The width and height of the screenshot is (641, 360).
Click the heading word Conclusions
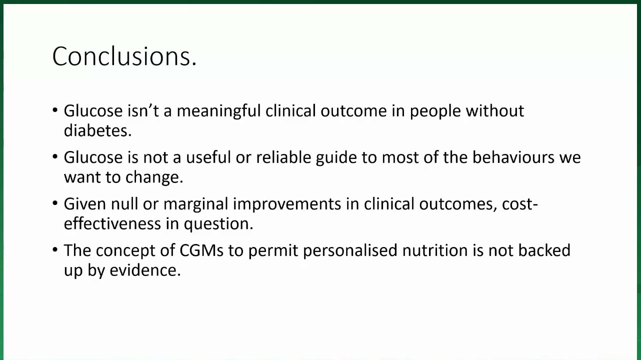[x=124, y=56]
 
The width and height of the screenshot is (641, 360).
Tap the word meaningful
[x=218, y=111]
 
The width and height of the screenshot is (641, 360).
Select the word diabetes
[x=97, y=131]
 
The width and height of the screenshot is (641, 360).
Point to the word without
[x=495, y=110]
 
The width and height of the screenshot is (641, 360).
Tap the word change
[x=154, y=177]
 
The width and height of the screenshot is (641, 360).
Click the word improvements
[x=287, y=204]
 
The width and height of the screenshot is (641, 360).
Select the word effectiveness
[x=112, y=223]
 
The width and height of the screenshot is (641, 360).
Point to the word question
[x=218, y=224]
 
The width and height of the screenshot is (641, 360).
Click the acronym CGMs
[x=201, y=250]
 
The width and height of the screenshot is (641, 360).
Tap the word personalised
[x=350, y=251]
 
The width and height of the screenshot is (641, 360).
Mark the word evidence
[x=145, y=270]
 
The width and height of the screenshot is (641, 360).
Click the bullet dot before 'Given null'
[x=55, y=203]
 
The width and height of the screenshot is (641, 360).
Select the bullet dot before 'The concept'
[x=55, y=250]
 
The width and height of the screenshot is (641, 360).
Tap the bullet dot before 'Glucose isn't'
[x=55, y=110]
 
